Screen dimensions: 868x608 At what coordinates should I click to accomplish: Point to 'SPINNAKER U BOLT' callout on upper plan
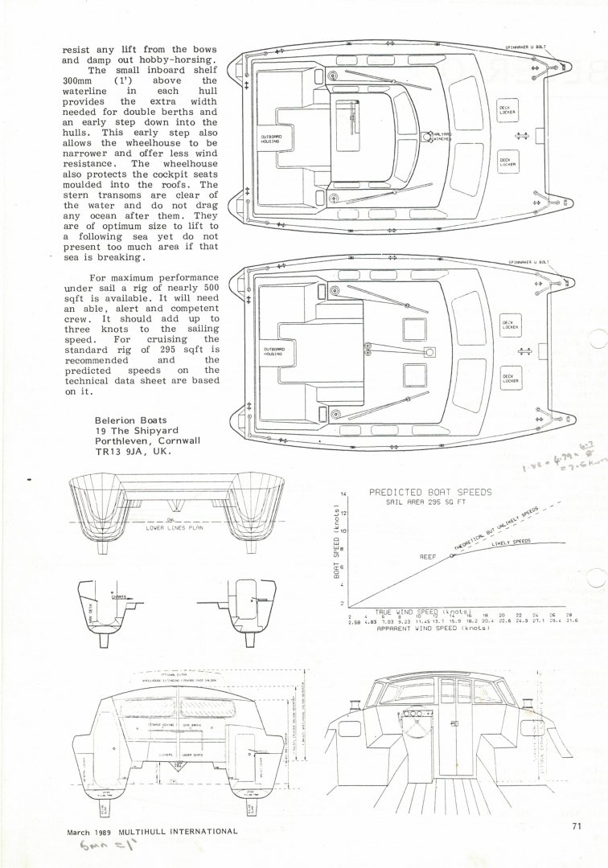tap(526, 48)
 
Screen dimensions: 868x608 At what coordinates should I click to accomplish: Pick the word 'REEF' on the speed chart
tap(427, 555)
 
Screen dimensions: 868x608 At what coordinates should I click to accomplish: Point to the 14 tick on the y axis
tap(343, 493)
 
